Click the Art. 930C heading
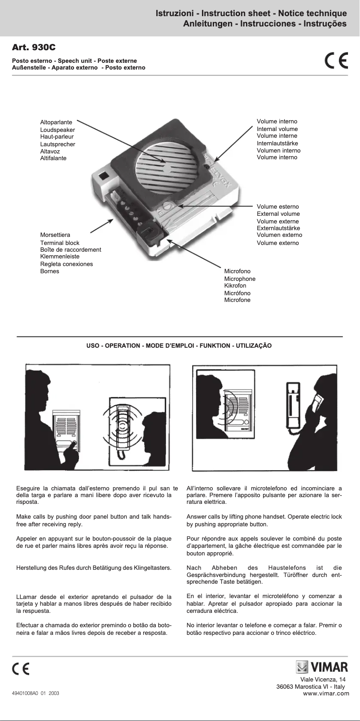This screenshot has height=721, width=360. [34, 47]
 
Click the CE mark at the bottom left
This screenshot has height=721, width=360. [21, 669]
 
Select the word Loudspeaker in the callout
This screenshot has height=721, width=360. [57, 130]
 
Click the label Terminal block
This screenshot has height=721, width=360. [60, 243]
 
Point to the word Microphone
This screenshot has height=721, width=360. [240, 279]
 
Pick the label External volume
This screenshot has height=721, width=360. [278, 214]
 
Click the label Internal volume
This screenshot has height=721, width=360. [277, 129]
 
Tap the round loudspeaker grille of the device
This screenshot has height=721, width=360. [167, 168]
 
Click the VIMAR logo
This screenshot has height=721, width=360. [322, 667]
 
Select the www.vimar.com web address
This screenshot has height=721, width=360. [326, 693]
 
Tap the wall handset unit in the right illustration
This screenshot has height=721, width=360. [294, 406]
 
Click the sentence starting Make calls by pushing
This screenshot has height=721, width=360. [94, 520]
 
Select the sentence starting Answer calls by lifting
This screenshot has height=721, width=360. [264, 520]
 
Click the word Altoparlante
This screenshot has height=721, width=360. [56, 122]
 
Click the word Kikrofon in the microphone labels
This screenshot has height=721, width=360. [235, 285]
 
